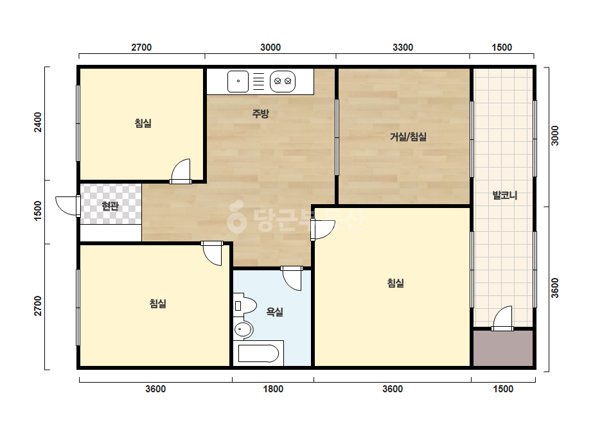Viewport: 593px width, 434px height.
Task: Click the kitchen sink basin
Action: [238, 82]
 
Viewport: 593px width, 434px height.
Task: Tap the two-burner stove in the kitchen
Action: [283, 82]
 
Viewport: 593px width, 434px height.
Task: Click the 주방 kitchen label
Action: [261, 114]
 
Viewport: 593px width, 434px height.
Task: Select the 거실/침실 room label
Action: [408, 137]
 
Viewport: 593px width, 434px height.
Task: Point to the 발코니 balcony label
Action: [504, 195]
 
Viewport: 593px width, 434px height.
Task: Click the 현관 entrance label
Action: [110, 206]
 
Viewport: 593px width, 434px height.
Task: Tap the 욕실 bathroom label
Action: [275, 312]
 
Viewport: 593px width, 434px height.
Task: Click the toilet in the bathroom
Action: [245, 306]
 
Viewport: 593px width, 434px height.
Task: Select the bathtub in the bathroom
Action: [259, 354]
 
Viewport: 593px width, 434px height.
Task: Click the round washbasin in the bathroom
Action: [243, 329]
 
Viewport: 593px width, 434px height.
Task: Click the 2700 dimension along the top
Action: [141, 48]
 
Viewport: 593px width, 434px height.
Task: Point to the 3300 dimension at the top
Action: [403, 48]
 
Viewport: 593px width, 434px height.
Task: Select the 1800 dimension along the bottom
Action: [273, 389]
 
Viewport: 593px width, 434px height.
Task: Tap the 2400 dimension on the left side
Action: [38, 122]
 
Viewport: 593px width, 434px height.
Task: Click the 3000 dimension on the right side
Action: [554, 135]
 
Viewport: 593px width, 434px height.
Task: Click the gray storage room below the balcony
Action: [503, 348]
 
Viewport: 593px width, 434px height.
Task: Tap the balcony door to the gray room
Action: [502, 318]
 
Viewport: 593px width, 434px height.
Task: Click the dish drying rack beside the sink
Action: [259, 82]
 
